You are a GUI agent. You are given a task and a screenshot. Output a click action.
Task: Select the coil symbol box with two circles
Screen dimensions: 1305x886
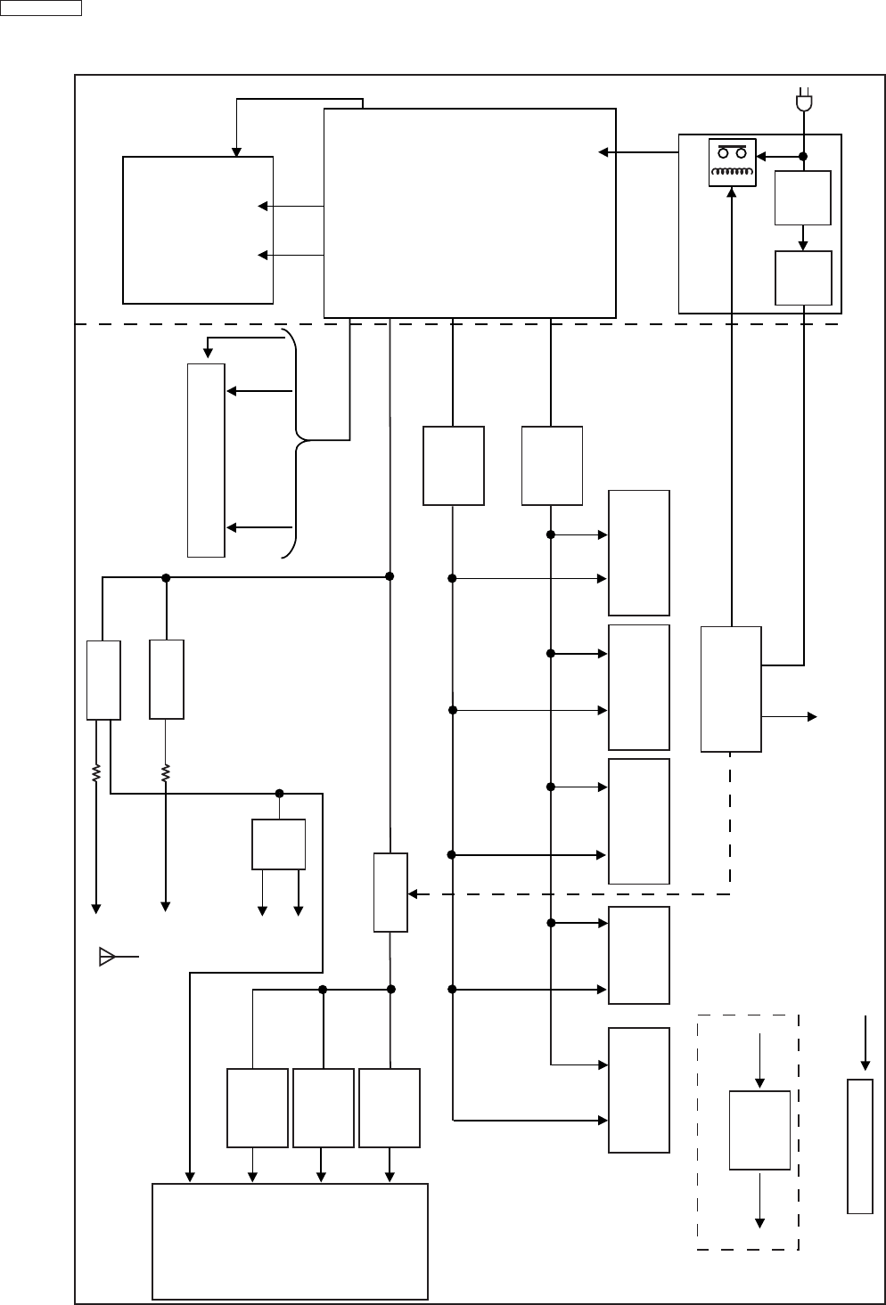(x=732, y=162)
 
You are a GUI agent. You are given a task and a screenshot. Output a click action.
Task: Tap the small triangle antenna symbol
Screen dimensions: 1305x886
(x=107, y=958)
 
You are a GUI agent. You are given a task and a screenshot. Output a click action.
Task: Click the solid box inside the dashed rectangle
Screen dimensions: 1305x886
(x=759, y=1130)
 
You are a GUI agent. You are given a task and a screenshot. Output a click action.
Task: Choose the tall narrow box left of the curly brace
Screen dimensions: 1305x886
(x=206, y=460)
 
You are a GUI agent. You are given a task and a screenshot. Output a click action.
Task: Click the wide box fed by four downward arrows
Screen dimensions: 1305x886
(x=290, y=1241)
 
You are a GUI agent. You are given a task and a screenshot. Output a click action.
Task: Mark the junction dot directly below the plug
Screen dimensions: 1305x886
(x=803, y=156)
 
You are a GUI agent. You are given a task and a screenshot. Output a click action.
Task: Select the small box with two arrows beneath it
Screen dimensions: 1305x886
(x=279, y=844)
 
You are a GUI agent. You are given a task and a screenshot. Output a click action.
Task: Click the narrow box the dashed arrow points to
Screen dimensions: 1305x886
(x=390, y=893)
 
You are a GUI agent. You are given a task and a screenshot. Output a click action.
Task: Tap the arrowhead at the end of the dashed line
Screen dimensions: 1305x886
(x=412, y=893)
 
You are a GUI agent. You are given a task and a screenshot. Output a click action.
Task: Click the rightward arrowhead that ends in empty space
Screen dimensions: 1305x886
(x=812, y=716)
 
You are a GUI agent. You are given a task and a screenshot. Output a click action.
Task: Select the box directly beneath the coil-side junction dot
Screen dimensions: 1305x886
(x=803, y=197)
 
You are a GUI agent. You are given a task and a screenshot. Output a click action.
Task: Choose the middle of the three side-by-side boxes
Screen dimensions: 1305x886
(x=324, y=1108)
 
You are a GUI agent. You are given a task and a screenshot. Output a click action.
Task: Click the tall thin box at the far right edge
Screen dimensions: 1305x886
(x=859, y=1146)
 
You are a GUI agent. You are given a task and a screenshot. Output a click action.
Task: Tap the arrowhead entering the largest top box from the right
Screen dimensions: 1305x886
(x=603, y=152)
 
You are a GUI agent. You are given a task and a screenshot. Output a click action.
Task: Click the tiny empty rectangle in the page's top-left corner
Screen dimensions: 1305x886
(x=41, y=8)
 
